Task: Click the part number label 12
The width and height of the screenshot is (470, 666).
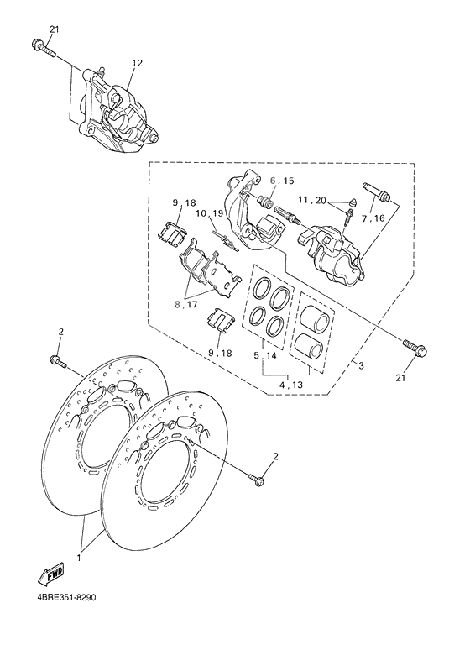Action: [138, 63]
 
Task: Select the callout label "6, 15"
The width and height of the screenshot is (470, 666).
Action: [281, 181]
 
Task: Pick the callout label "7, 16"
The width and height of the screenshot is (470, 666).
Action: [374, 218]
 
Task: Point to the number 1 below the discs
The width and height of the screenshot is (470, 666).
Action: [81, 557]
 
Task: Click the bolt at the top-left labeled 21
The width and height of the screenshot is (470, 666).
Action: [41, 47]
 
